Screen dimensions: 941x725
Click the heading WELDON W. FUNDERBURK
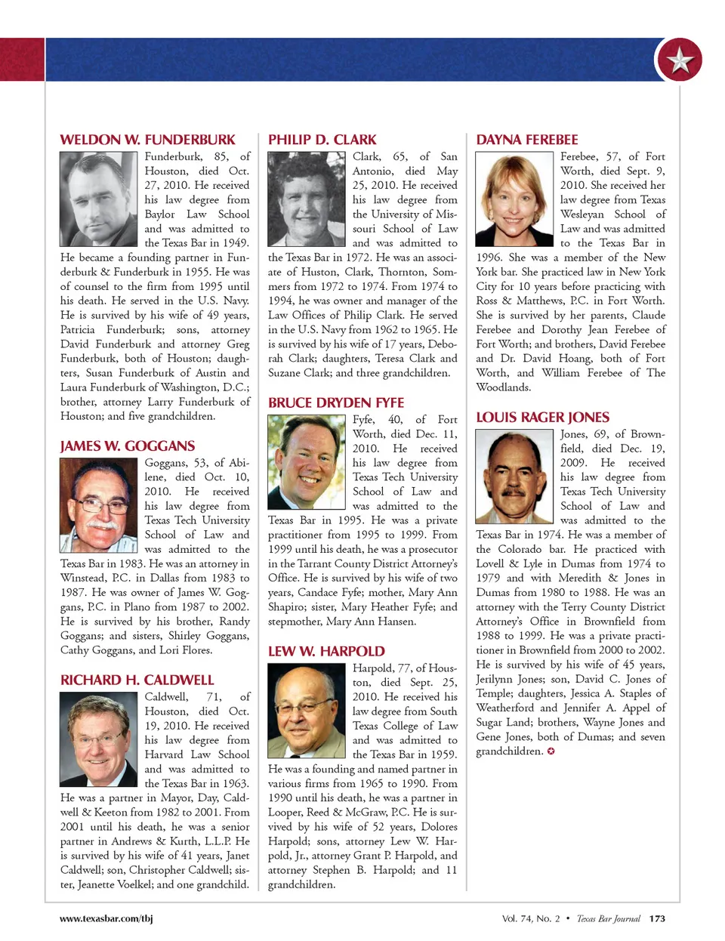tap(147, 140)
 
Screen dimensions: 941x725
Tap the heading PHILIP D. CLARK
tap(322, 140)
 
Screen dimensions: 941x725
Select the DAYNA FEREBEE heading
tap(526, 140)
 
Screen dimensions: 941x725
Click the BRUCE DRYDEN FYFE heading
tap(336, 403)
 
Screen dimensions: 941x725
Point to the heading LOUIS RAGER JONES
tap(542, 418)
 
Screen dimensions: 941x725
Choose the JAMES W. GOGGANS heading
tap(128, 446)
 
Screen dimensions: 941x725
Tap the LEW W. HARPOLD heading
tap(326, 651)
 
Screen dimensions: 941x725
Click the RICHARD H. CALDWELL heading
tap(137, 680)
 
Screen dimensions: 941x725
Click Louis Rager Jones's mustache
tap(513, 492)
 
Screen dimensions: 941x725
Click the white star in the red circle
tap(680, 60)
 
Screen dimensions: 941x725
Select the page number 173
tap(657, 918)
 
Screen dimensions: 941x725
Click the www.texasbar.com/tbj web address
tap(106, 918)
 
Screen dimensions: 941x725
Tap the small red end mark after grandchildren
tap(551, 751)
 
